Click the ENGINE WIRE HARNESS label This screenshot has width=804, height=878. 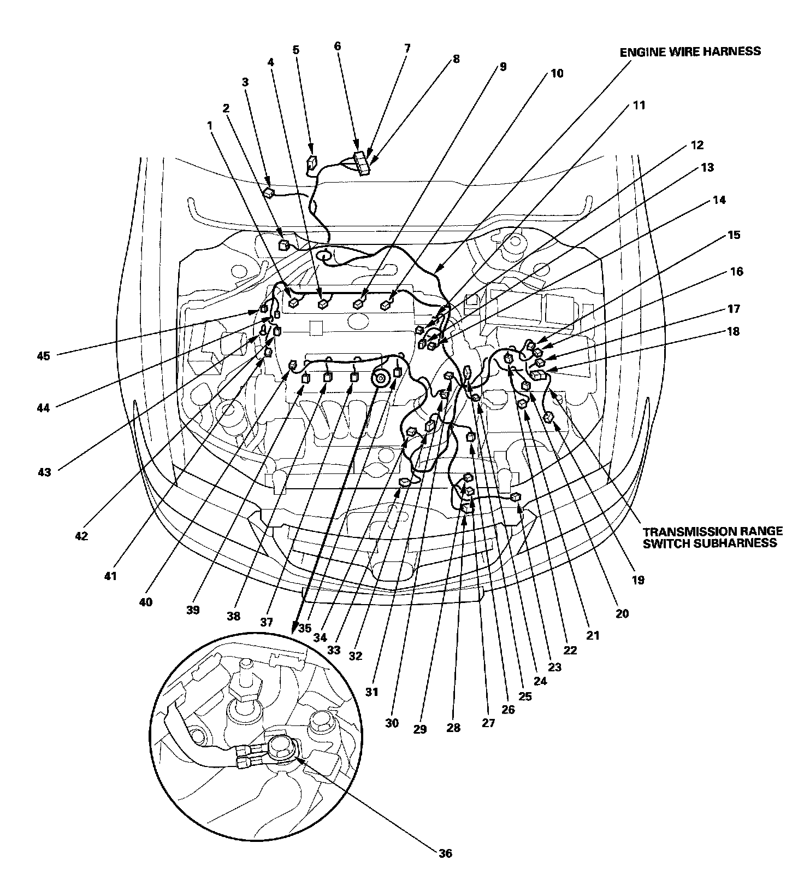tap(690, 51)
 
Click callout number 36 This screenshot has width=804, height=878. tap(445, 853)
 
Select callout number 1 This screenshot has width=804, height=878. tap(209, 125)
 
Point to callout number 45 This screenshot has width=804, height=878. tap(44, 356)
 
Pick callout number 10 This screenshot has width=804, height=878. tap(557, 73)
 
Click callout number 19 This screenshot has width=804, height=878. tap(638, 580)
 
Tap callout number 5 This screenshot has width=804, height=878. tap(296, 50)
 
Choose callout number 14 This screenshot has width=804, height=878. tap(719, 200)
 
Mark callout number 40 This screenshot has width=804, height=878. tap(146, 602)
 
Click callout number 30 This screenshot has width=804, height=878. tap(392, 723)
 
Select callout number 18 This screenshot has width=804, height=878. tap(732, 331)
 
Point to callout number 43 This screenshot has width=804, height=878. tap(44, 472)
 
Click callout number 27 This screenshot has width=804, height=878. tap(488, 723)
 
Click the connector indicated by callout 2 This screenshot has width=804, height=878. tap(284, 245)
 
